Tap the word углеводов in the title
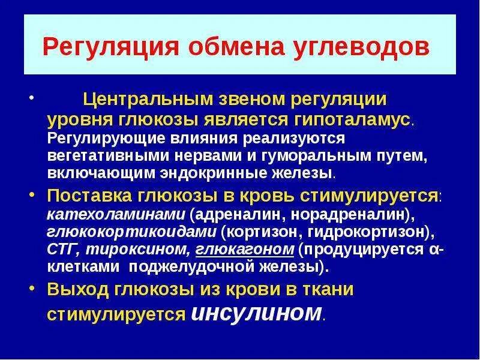point(368,47)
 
